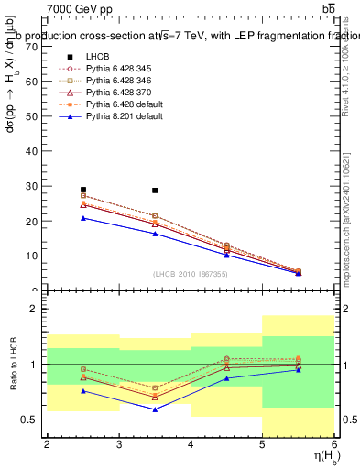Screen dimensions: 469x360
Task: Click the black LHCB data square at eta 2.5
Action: point(83,190)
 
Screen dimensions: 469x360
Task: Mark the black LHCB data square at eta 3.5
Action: point(155,191)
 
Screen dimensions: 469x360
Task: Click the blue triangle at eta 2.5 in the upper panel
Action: point(83,218)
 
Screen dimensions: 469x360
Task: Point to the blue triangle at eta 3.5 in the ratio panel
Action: point(155,409)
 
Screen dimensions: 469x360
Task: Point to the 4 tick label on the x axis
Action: point(191,444)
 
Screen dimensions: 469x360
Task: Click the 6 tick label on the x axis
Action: point(333,444)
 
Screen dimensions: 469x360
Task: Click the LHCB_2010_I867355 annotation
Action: point(189,274)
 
